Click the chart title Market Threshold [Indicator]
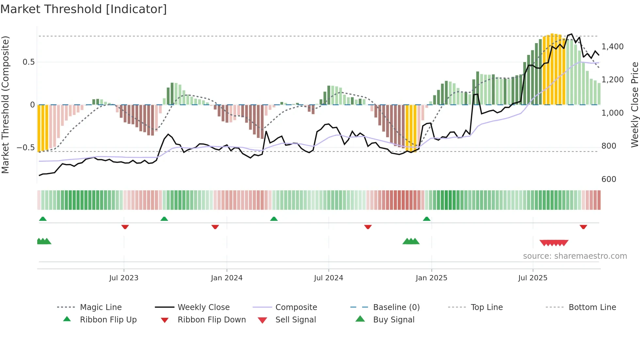(x=84, y=9)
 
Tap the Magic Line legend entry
(x=101, y=307)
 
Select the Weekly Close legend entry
(x=203, y=307)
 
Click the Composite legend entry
(x=296, y=307)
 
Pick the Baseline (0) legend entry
(x=396, y=307)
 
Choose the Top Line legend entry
(x=487, y=307)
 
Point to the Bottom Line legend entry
(x=592, y=307)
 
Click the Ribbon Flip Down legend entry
(x=211, y=320)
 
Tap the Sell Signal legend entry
(x=296, y=320)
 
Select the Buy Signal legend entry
(x=393, y=320)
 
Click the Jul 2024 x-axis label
(x=328, y=278)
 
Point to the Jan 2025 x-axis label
(x=431, y=278)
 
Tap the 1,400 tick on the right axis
(x=612, y=47)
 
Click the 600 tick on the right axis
(x=609, y=179)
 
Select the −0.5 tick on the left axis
(x=25, y=148)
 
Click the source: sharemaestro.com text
(x=575, y=256)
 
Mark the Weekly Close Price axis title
(x=634, y=105)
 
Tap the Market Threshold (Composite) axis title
(x=5, y=105)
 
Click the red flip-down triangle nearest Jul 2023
(x=125, y=227)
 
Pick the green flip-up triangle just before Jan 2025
(x=426, y=219)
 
